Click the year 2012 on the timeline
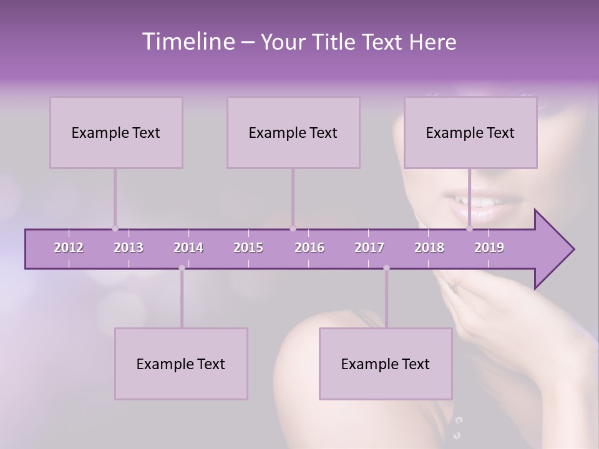tap(69, 248)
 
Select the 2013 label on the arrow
tap(129, 248)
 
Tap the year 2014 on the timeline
tap(188, 248)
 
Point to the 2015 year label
tap(248, 248)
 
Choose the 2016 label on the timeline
tap(309, 248)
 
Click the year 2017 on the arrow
tap(369, 248)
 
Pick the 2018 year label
tap(429, 248)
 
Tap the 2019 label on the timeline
tap(489, 248)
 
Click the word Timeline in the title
tap(188, 42)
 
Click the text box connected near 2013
tap(116, 132)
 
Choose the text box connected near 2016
tap(293, 132)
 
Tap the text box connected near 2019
tap(470, 132)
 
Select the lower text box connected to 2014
tap(181, 364)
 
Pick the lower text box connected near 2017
tap(386, 364)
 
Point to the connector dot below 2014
tap(182, 268)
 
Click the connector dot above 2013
tap(115, 228)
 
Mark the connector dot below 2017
tap(386, 268)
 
